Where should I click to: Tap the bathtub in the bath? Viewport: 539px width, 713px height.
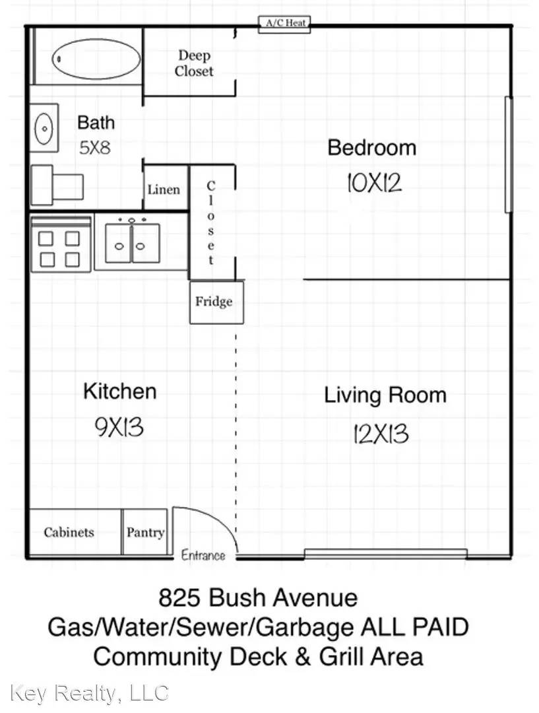tap(96, 59)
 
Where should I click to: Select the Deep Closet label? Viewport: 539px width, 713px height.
tap(194, 63)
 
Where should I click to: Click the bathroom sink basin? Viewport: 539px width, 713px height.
tap(44, 127)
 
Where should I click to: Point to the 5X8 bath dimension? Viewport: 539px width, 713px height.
tap(95, 147)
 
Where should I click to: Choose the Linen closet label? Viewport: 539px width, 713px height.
tap(164, 189)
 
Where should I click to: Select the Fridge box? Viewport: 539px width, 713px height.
tap(214, 302)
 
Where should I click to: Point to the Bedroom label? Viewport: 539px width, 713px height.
tap(371, 147)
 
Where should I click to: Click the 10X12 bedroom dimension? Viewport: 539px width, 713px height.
tap(374, 182)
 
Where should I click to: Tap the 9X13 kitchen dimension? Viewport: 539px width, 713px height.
tap(119, 427)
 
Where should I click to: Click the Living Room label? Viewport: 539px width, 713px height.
tap(385, 395)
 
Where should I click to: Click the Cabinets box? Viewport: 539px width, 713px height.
tap(69, 531)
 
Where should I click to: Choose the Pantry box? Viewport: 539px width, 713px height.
tap(145, 531)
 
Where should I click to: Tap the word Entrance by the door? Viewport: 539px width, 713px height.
tap(203, 555)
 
